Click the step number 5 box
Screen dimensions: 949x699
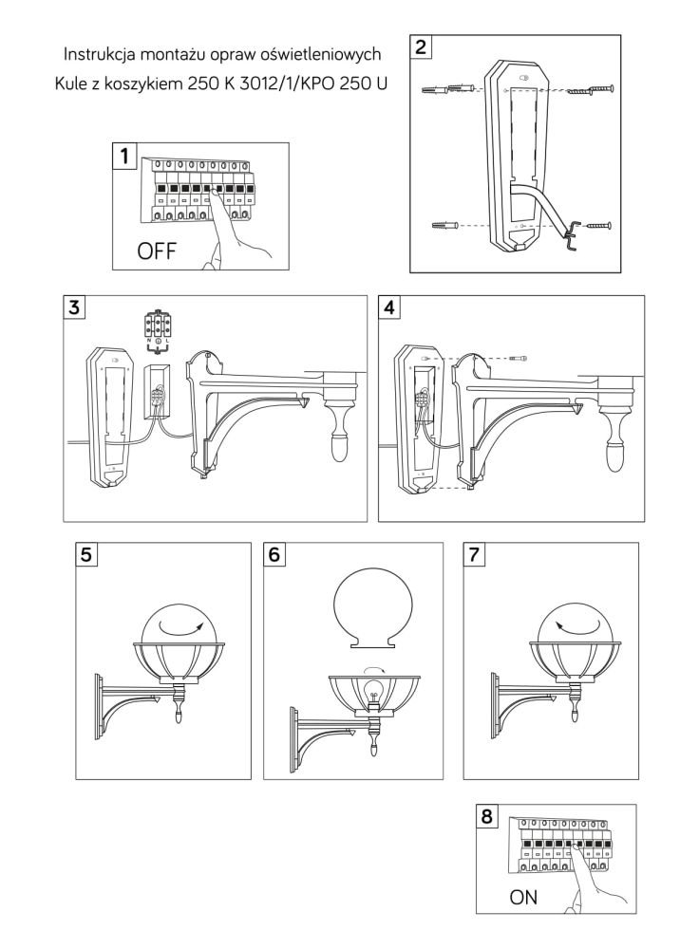click(x=87, y=555)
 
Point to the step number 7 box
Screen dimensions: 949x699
click(x=475, y=555)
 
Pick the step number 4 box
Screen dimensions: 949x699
click(x=389, y=307)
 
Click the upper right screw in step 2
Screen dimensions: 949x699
click(x=595, y=89)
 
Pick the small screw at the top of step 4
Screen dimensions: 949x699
click(x=517, y=360)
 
